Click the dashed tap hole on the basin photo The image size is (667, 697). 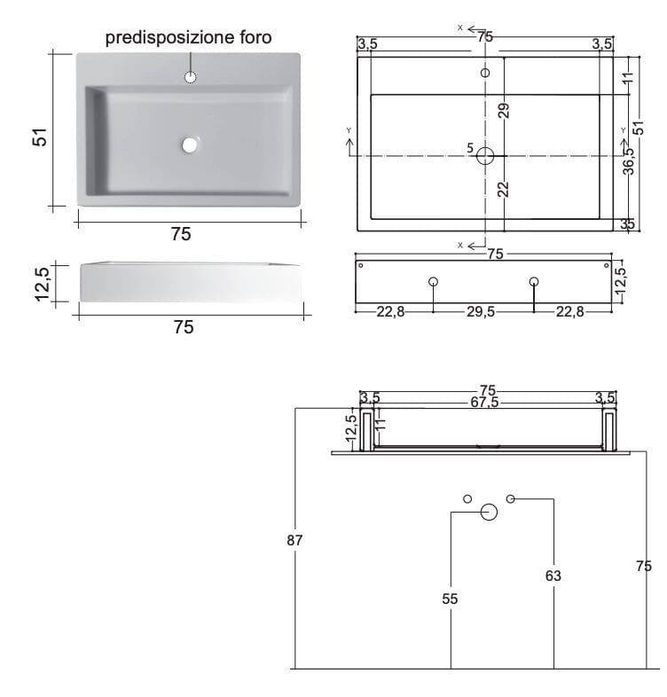click(189, 77)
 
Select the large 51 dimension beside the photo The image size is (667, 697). click(38, 137)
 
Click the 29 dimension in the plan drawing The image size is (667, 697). click(503, 110)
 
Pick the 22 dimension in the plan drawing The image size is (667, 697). click(503, 188)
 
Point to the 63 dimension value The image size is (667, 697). click(553, 576)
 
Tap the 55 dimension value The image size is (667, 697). click(451, 599)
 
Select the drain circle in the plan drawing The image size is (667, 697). click(485, 156)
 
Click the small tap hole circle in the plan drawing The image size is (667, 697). click(485, 73)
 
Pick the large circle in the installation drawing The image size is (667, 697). click(489, 512)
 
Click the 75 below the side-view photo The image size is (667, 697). click(183, 327)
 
